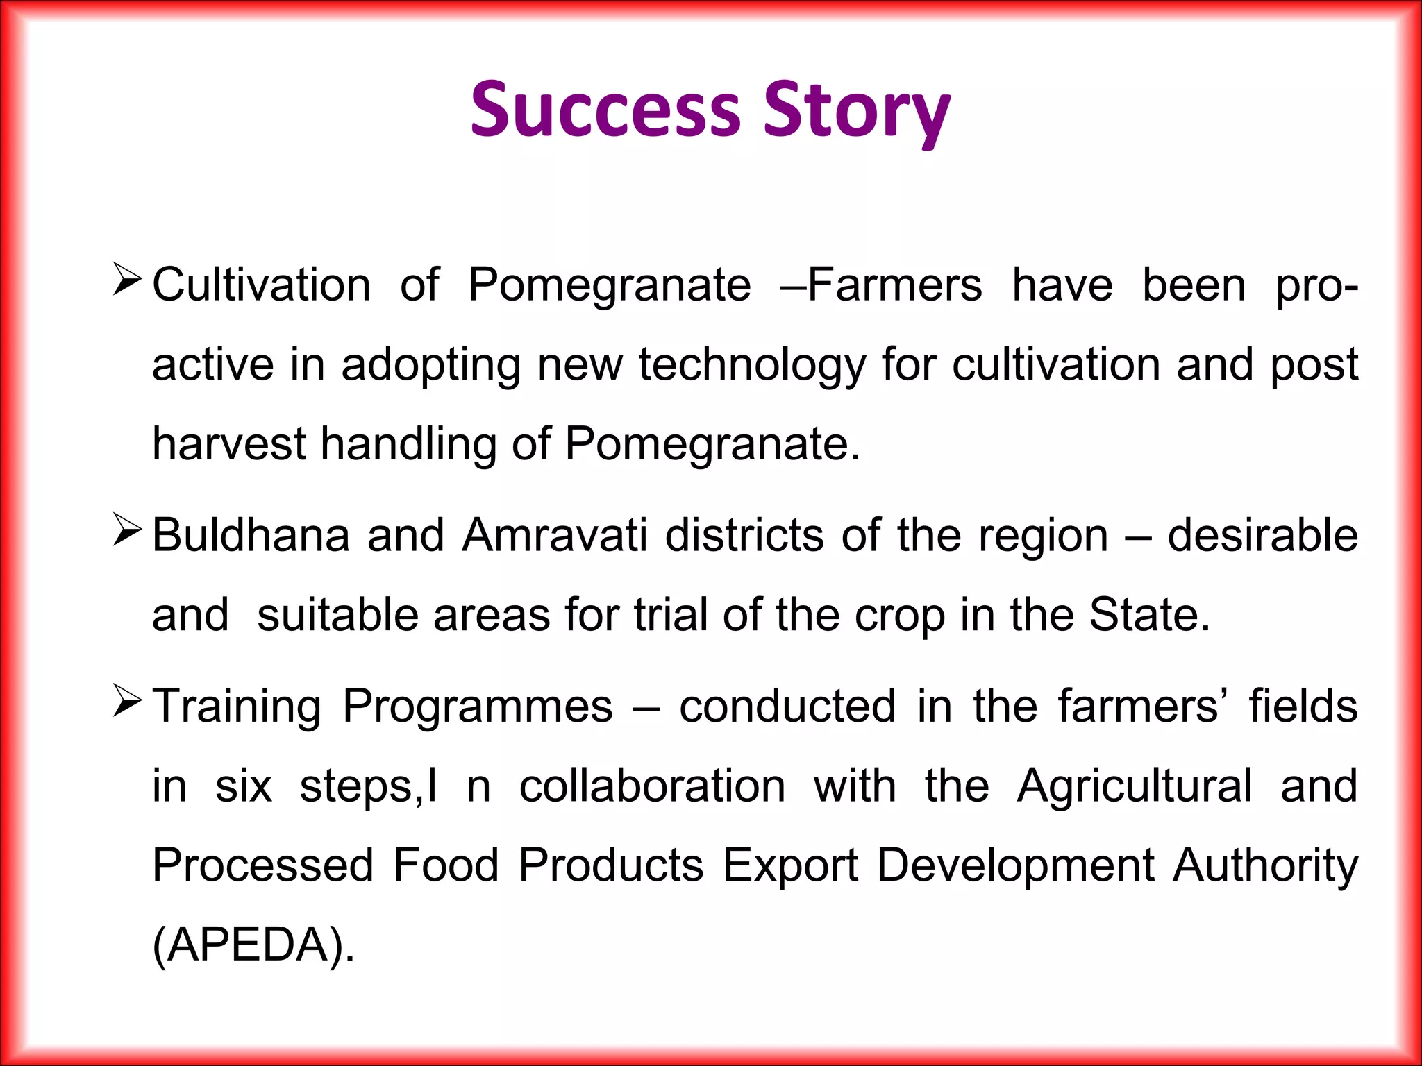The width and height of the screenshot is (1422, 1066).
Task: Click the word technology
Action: [x=752, y=366]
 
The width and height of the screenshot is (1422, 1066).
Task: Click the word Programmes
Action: [x=478, y=707]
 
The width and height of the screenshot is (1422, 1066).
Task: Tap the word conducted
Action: [x=787, y=707]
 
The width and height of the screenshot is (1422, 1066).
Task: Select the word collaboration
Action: [x=652, y=786]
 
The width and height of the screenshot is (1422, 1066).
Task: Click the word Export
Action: [x=790, y=866]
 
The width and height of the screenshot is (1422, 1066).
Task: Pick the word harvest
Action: [x=228, y=444]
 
